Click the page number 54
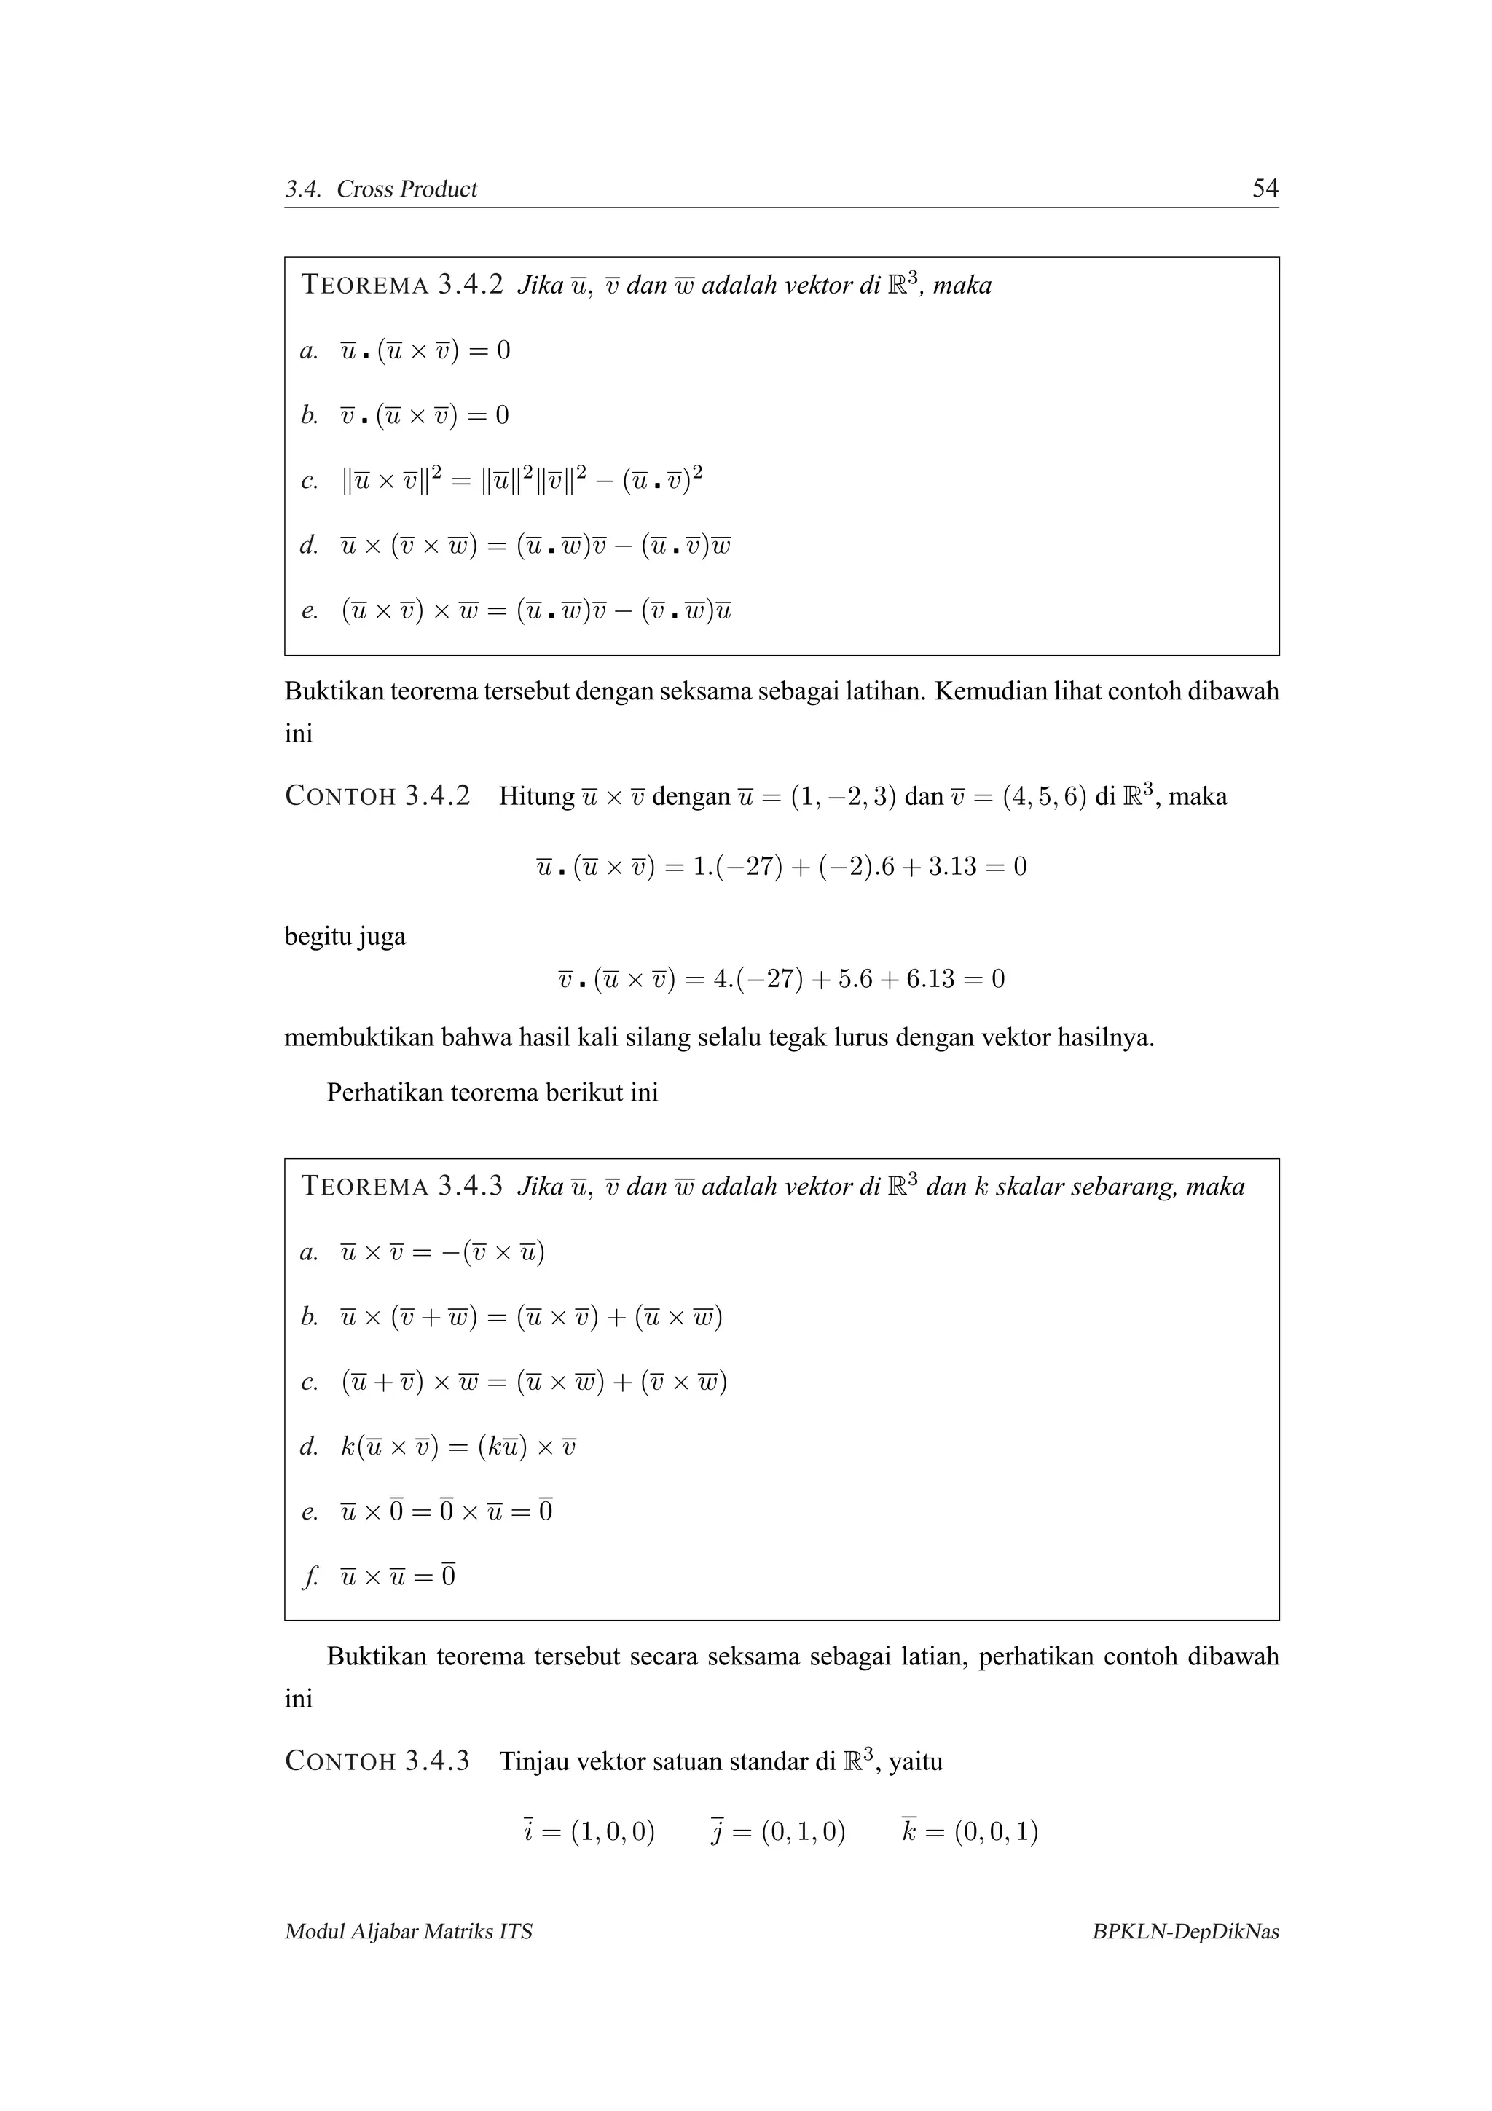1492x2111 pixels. pyautogui.click(x=1265, y=189)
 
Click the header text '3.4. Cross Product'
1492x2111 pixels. pyautogui.click(x=380, y=189)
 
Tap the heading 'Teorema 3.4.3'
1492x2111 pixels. pyautogui.click(x=401, y=1186)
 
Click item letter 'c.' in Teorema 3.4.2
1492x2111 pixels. pyautogui.click(x=310, y=481)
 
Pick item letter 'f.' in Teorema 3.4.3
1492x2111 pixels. pyautogui.click(x=310, y=1577)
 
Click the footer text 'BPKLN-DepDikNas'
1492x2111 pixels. pyautogui.click(x=1185, y=1931)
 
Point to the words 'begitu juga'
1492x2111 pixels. pyautogui.click(x=345, y=937)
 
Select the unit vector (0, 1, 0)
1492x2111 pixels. pyautogui.click(x=803, y=1833)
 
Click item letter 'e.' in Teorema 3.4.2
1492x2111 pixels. pyautogui.click(x=310, y=610)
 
